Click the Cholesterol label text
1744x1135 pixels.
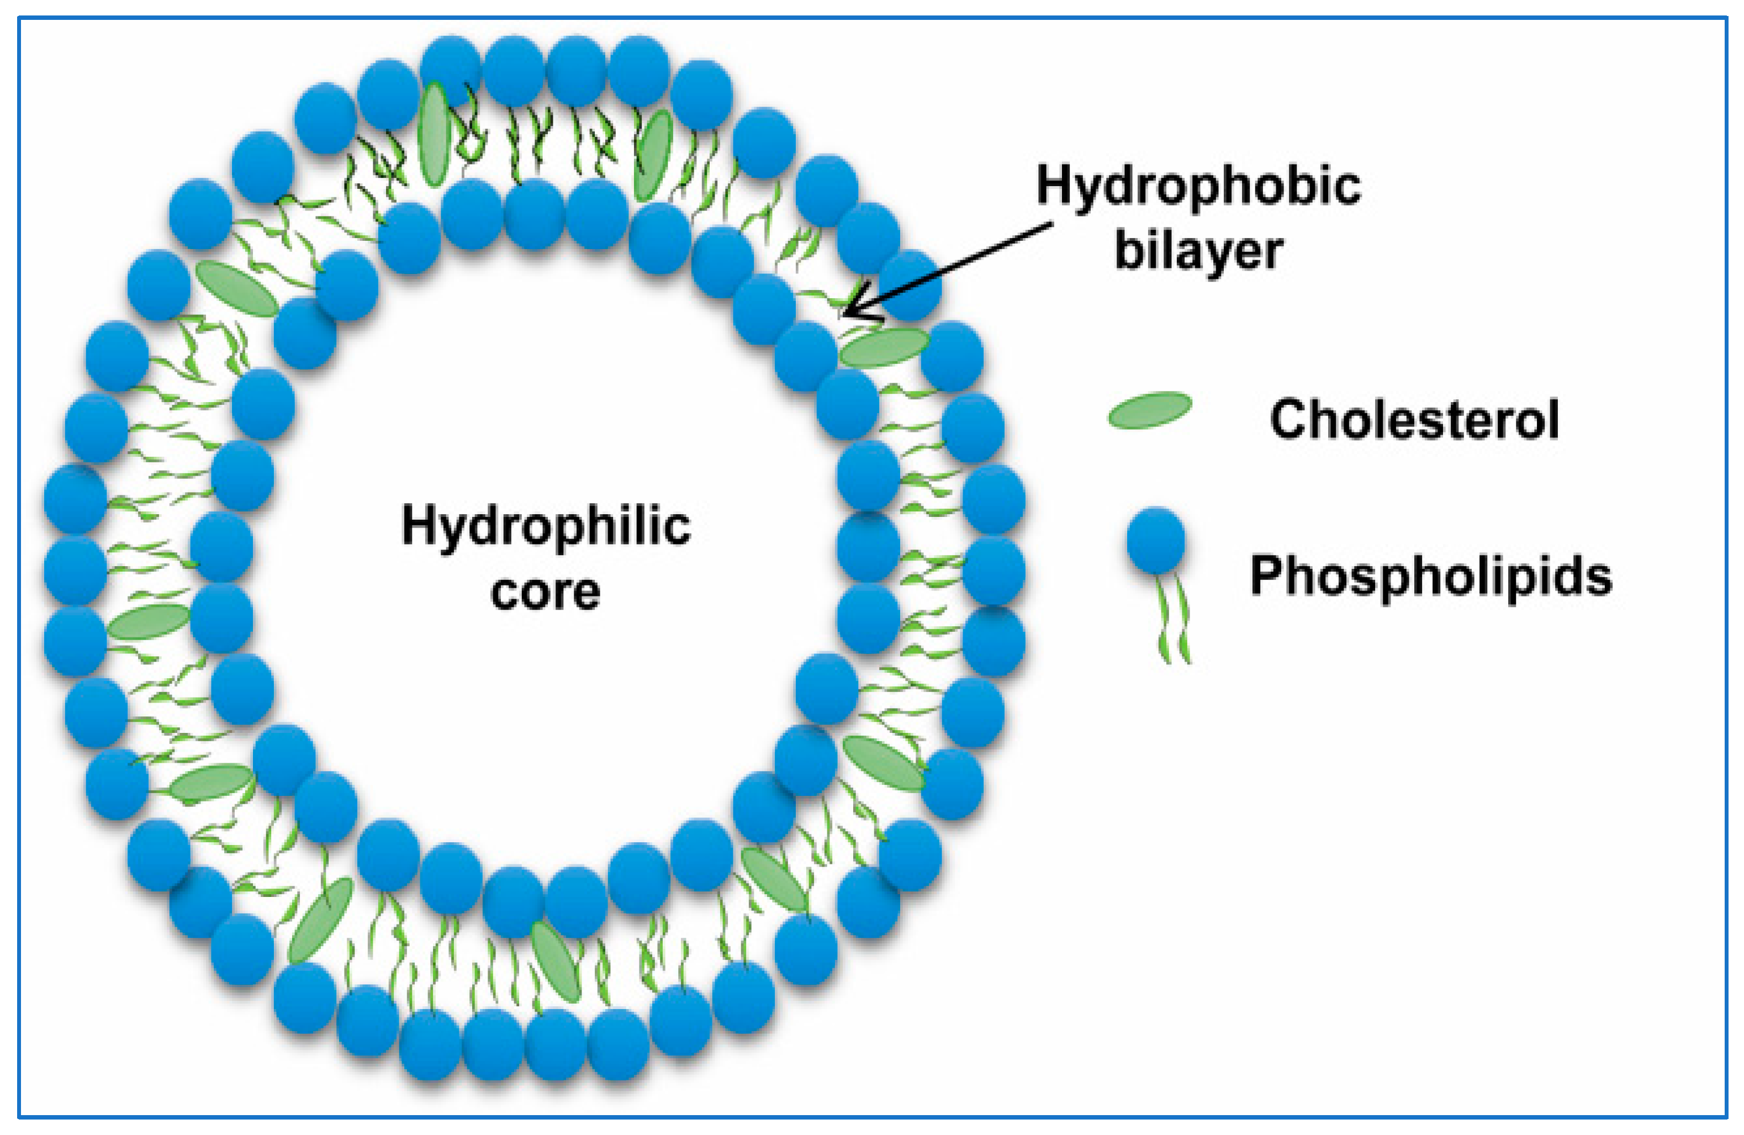click(1414, 419)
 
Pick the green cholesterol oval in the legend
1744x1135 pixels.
click(1150, 410)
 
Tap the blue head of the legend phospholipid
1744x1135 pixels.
click(1156, 541)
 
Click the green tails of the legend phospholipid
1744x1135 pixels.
click(1172, 619)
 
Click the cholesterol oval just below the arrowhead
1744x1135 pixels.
click(884, 347)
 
